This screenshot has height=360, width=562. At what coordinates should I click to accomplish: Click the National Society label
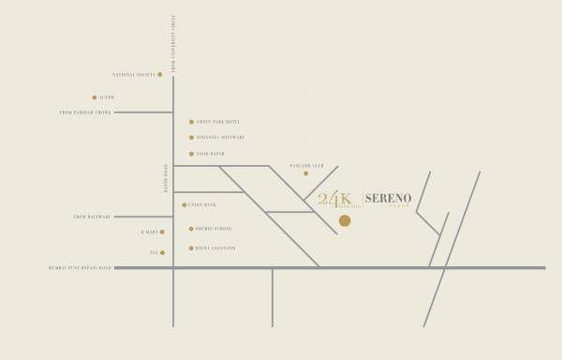coord(133,74)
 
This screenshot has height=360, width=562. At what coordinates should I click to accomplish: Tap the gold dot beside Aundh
coord(95,97)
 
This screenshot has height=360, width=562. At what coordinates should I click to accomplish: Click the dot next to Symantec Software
coord(192,138)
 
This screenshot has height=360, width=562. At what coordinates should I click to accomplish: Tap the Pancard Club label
coord(306,163)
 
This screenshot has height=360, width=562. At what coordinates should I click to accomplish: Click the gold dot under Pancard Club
coord(305,173)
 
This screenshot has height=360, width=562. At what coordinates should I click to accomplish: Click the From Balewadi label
coord(93,217)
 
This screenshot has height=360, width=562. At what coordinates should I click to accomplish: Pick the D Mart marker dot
coord(162,232)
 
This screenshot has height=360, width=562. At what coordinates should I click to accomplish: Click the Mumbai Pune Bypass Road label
coord(80,268)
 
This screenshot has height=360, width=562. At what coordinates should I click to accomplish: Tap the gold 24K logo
coord(334,199)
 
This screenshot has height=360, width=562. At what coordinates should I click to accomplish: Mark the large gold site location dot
coord(345,221)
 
